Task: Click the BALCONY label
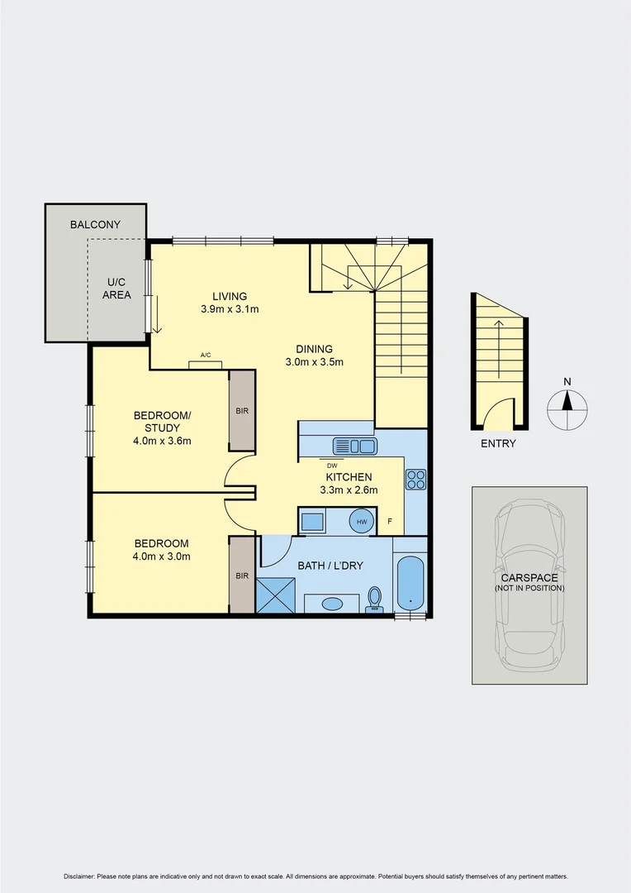[95, 224]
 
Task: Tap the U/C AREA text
[116, 288]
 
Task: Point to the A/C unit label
[206, 356]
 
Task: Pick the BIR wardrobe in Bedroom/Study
[242, 410]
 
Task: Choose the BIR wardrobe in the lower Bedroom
[242, 575]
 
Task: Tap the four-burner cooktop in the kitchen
[415, 479]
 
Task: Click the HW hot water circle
[361, 522]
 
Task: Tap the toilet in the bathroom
[375, 599]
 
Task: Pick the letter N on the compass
[567, 381]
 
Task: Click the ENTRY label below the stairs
[498, 443]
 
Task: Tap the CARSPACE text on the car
[529, 577]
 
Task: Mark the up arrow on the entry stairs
[498, 331]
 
